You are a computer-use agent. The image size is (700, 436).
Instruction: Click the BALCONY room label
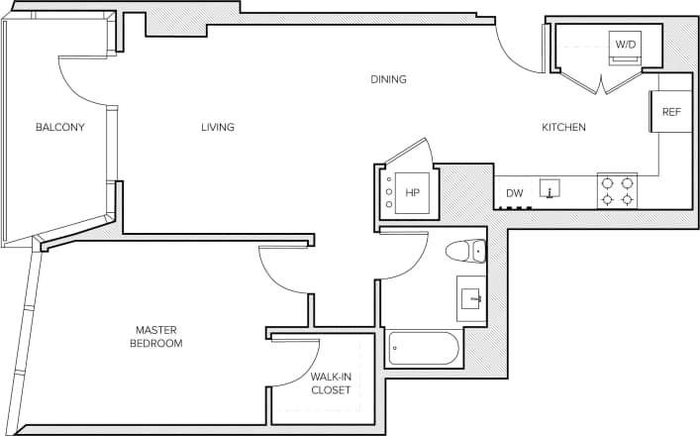tap(59, 127)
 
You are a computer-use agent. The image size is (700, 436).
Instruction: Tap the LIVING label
tap(218, 127)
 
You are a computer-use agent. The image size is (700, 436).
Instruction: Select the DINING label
tap(388, 79)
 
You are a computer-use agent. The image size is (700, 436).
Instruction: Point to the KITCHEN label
tap(563, 127)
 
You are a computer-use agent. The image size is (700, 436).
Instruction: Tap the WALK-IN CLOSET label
tap(329, 382)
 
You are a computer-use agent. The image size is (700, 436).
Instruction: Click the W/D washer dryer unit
tap(626, 45)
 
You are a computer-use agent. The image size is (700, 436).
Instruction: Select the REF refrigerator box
tap(670, 112)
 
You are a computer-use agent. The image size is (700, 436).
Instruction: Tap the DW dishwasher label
tap(514, 193)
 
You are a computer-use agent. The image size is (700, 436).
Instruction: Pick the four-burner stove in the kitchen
tap(617, 190)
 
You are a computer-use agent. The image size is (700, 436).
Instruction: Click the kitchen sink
tap(550, 188)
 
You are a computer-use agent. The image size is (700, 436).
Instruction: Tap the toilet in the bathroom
tap(465, 251)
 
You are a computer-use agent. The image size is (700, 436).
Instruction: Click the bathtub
tap(424, 348)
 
